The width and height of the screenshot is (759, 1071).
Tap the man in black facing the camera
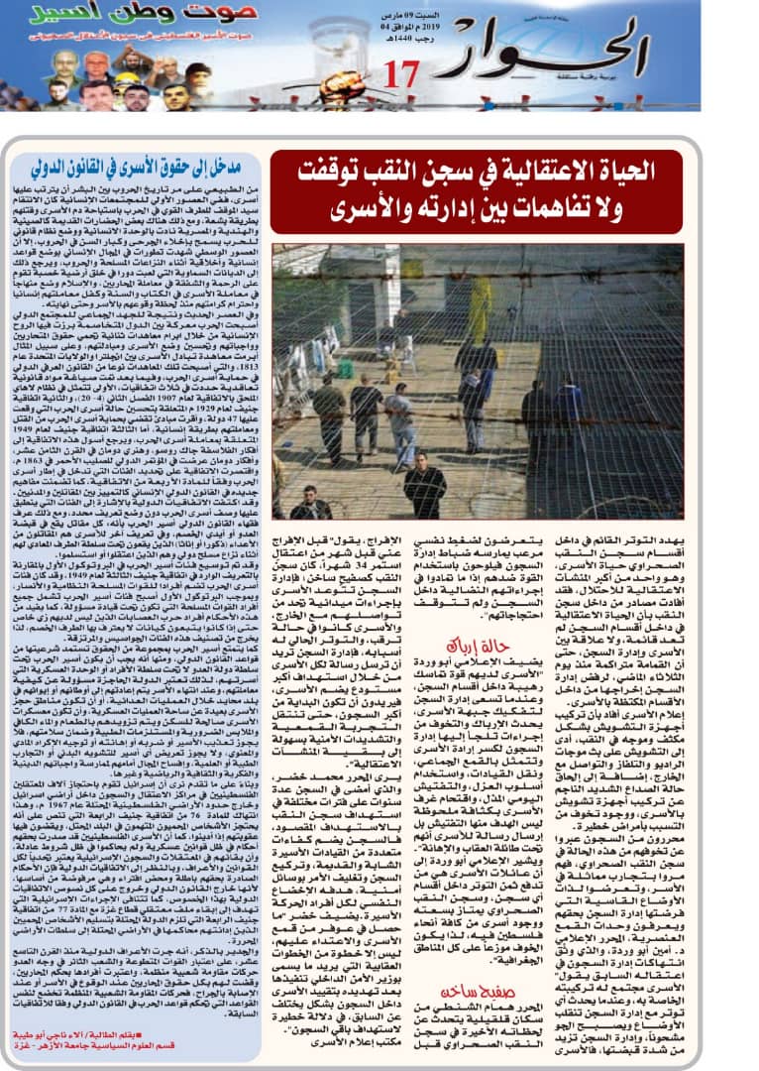pyautogui.click(x=423, y=486)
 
